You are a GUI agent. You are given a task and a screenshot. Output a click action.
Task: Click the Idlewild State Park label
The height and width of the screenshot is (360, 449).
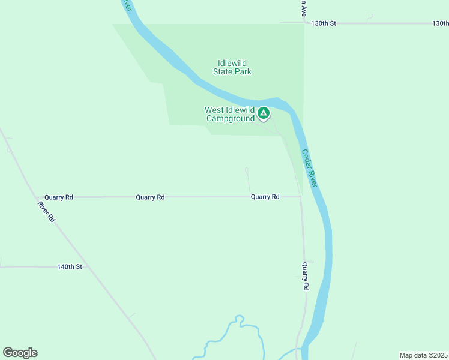(232, 67)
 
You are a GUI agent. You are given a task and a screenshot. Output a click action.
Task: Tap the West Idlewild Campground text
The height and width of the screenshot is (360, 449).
(231, 114)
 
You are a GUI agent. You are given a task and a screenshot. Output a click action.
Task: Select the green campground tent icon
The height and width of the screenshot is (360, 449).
(263, 113)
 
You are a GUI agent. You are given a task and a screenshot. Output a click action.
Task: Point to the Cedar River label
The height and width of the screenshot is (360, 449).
(309, 168)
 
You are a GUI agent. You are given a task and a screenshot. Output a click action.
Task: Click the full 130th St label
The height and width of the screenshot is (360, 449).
(324, 23)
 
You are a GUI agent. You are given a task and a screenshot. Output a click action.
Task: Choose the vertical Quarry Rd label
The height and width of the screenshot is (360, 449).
(305, 277)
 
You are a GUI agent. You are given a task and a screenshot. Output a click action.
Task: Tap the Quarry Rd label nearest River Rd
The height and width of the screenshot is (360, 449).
(59, 197)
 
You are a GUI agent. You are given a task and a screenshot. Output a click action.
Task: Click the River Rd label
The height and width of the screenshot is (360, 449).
(46, 212)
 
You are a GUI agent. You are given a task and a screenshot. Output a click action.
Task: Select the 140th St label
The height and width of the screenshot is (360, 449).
(70, 266)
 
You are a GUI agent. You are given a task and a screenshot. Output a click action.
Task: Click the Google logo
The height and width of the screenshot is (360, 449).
(20, 353)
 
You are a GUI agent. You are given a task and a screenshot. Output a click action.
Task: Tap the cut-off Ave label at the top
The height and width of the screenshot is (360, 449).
(304, 7)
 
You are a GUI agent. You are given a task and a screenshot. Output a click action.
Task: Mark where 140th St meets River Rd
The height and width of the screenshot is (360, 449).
(89, 266)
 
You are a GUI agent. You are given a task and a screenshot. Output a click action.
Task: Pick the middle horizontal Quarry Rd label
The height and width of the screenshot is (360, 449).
(150, 197)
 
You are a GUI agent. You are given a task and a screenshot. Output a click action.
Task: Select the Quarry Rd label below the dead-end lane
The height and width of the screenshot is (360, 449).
(265, 197)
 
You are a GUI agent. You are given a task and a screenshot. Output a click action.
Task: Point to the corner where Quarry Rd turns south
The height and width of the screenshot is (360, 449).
(300, 197)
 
